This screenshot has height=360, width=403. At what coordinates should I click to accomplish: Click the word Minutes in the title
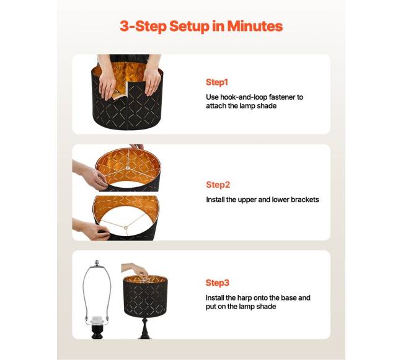pos(255,26)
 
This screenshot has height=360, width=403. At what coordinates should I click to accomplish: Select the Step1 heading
pos(217,82)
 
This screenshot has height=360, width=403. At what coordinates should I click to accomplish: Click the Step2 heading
pos(218,185)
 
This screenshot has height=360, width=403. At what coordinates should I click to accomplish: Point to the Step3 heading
pos(218,283)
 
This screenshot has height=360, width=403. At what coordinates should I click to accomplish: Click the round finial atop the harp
pos(97,263)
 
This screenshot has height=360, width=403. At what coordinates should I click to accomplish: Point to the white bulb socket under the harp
pos(97,320)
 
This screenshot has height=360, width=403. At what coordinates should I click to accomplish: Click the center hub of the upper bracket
pos(127,168)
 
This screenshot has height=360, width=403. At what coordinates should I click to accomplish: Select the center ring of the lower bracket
pos(125,227)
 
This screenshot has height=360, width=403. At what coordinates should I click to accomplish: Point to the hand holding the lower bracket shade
pos(92,229)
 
